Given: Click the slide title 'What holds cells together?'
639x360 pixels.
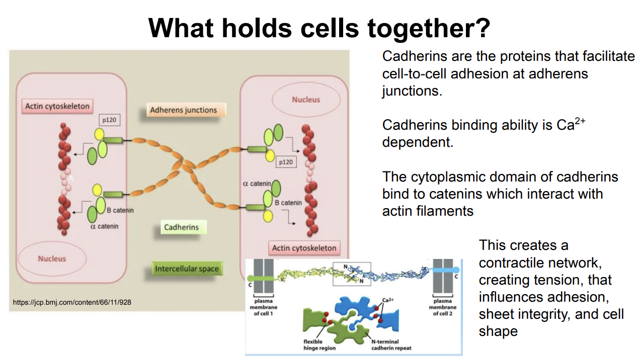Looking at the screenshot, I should tap(319, 28).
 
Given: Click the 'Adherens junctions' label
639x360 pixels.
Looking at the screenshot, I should tap(183, 110).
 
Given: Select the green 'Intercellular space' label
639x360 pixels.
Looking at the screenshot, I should tap(187, 268).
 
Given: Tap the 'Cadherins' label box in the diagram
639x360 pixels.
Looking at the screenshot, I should tap(181, 227).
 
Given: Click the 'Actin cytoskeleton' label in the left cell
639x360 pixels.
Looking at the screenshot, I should tap(57, 106).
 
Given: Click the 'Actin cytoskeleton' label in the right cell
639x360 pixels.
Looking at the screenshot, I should tap(304, 248).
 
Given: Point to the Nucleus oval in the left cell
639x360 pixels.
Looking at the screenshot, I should tap(52, 259).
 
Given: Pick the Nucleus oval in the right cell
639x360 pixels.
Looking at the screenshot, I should tap(305, 100).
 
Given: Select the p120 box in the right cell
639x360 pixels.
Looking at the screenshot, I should tap(285, 162).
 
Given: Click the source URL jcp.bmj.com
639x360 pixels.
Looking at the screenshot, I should tap(72, 303).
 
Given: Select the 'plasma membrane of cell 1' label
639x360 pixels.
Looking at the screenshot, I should tap(264, 307).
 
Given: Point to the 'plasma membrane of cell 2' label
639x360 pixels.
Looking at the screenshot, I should tap(443, 307).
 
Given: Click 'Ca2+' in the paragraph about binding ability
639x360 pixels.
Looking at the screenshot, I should tap(571, 124).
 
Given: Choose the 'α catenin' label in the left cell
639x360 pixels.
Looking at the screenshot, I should tap(104, 226).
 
